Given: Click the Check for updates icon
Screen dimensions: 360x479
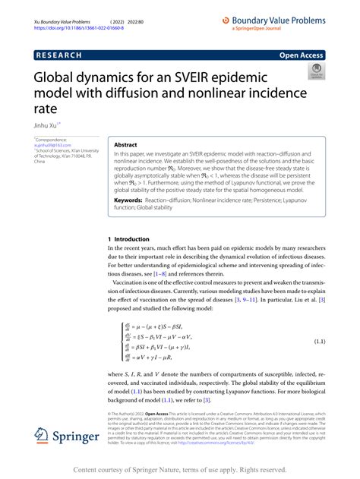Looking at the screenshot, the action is pyautogui.click(x=314, y=73).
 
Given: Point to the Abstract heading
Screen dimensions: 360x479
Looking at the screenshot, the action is pyautogui.click(x=125, y=144).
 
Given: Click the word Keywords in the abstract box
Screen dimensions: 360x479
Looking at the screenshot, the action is pyautogui.click(x=131, y=202).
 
